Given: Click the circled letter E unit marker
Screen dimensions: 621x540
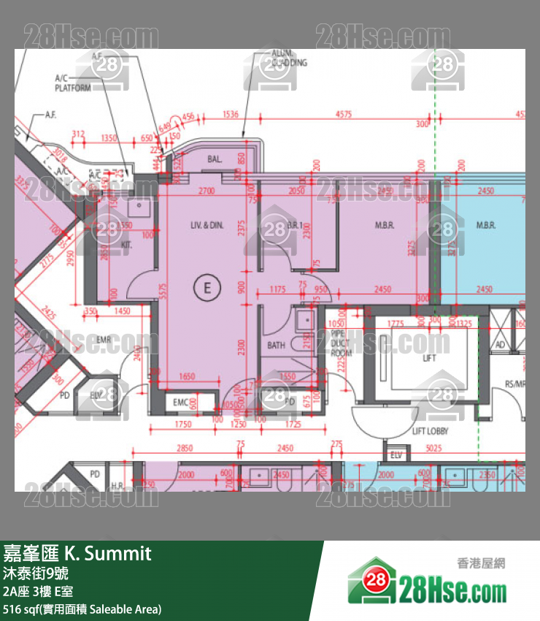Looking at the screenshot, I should tap(207, 288).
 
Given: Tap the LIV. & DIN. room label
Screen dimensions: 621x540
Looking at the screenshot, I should tap(207, 226).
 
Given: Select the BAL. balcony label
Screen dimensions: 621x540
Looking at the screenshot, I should tap(215, 159).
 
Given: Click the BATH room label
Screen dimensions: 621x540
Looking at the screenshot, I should tap(277, 346).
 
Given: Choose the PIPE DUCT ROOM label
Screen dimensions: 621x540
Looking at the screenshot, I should tap(341, 342).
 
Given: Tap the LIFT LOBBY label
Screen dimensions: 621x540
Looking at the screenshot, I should tap(430, 432).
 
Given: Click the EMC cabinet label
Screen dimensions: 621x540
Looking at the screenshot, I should tap(180, 402).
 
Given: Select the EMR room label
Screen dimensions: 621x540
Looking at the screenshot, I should tap(103, 339).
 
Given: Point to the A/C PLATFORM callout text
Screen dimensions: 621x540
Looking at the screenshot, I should tap(73, 83).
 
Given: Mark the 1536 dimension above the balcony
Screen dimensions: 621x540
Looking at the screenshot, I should tap(231, 115).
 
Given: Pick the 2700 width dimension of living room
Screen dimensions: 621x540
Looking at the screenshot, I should tap(207, 191).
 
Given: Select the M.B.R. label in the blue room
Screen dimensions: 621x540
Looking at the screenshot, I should tap(486, 226).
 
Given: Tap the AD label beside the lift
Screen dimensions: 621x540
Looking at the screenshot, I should tap(500, 345).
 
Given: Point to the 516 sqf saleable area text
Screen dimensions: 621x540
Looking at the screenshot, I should tap(82, 609).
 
